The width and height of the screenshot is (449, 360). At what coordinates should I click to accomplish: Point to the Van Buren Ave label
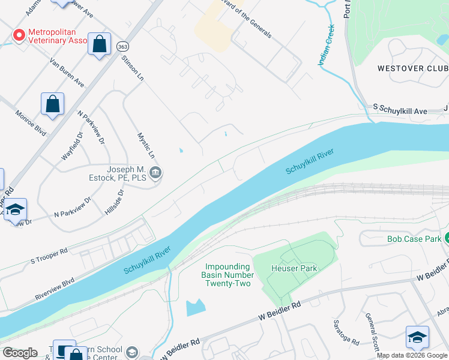click(67, 72)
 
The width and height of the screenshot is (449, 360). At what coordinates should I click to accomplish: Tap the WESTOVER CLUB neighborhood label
click(412, 68)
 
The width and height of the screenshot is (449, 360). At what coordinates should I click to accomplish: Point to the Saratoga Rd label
click(346, 332)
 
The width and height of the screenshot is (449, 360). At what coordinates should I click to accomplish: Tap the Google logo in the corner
click(20, 353)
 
